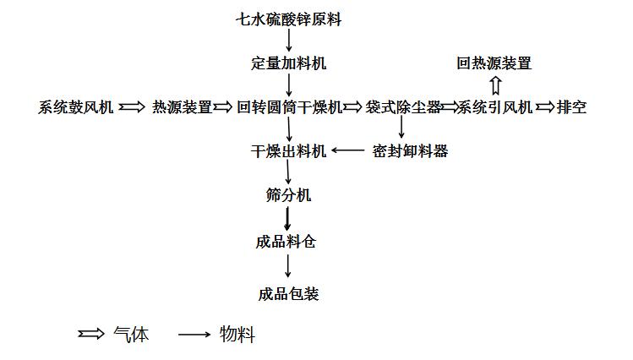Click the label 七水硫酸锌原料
pyautogui.click(x=289, y=19)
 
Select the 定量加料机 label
pyautogui.click(x=289, y=63)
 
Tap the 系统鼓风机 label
pyautogui.click(x=75, y=107)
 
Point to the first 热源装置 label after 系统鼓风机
pyautogui.click(x=182, y=107)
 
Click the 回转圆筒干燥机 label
pyautogui.click(x=289, y=107)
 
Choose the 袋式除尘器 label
pyautogui.click(x=403, y=107)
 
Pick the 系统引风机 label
pyautogui.click(x=495, y=107)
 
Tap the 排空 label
pyautogui.click(x=571, y=107)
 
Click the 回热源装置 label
pyautogui.click(x=494, y=63)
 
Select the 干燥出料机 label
pyautogui.click(x=289, y=151)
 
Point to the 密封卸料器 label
pyautogui.click(x=410, y=151)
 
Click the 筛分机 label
pyautogui.click(x=289, y=195)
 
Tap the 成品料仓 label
pyautogui.click(x=286, y=243)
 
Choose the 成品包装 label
pyautogui.click(x=289, y=294)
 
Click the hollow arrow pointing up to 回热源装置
pyautogui.click(x=495, y=85)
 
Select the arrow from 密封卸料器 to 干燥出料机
pyautogui.click(x=348, y=150)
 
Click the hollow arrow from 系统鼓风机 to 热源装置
pyautogui.click(x=132, y=107)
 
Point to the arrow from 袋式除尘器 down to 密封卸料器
pyautogui.click(x=401, y=128)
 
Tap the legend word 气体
pyautogui.click(x=131, y=335)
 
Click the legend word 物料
pyautogui.click(x=237, y=335)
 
